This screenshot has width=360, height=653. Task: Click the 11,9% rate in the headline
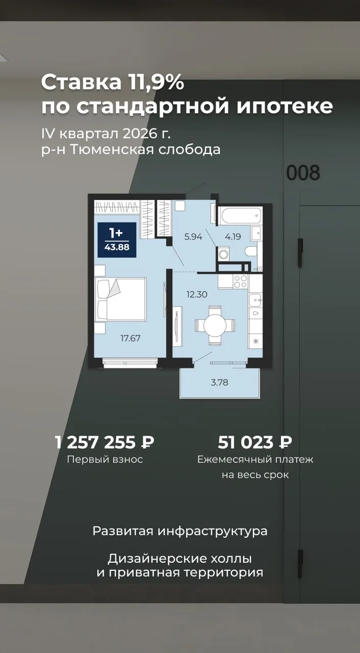click(155, 83)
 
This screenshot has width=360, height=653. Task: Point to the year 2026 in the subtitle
click(138, 134)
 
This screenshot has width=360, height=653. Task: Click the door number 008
click(303, 172)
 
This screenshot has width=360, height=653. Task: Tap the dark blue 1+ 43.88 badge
click(117, 240)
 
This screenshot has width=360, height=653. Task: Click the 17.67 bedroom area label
click(131, 338)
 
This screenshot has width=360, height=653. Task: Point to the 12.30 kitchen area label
click(197, 294)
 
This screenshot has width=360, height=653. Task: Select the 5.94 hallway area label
click(193, 237)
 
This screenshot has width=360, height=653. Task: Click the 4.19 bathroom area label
click(233, 237)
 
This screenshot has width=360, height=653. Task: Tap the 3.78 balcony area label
click(219, 382)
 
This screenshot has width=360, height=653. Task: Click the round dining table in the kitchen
click(215, 325)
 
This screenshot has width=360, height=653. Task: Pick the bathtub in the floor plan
click(241, 216)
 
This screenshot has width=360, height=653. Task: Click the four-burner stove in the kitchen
click(241, 281)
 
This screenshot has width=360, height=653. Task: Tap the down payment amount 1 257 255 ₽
click(105, 442)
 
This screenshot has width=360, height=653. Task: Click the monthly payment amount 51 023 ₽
click(255, 442)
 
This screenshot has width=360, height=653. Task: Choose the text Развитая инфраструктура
click(180, 531)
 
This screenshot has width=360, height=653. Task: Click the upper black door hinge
click(300, 253)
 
